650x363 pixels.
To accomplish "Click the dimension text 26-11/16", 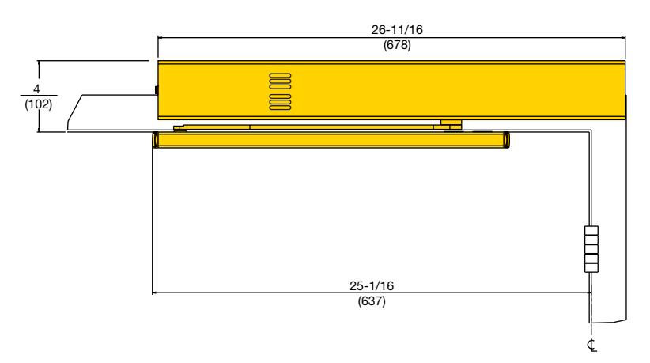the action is point(397,30).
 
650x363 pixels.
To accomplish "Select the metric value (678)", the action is point(397,45).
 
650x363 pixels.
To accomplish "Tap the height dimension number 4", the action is point(37,89).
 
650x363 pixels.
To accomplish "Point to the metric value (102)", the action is point(39,104).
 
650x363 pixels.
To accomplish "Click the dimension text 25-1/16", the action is point(372,286).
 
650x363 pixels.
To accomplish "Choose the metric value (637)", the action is point(372,301).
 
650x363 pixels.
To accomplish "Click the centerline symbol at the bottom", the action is point(591,345).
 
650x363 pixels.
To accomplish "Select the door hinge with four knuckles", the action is point(591,248).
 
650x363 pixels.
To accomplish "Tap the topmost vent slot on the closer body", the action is point(280,75).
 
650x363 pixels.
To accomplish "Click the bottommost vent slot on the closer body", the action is point(280,108).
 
